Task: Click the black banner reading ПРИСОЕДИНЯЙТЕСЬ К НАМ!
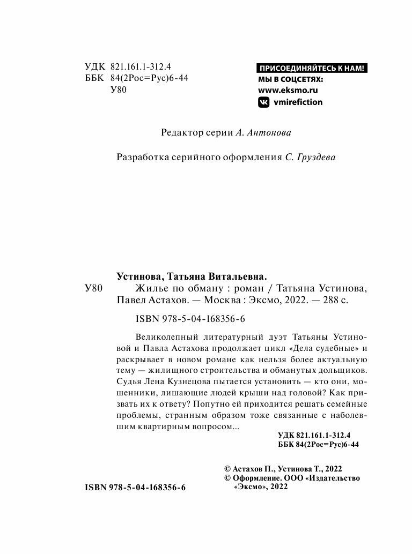coord(313,68)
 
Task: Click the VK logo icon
coord(264,102)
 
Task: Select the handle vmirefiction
coord(298,102)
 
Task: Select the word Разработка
coord(142,158)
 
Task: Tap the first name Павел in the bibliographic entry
coord(131,301)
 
